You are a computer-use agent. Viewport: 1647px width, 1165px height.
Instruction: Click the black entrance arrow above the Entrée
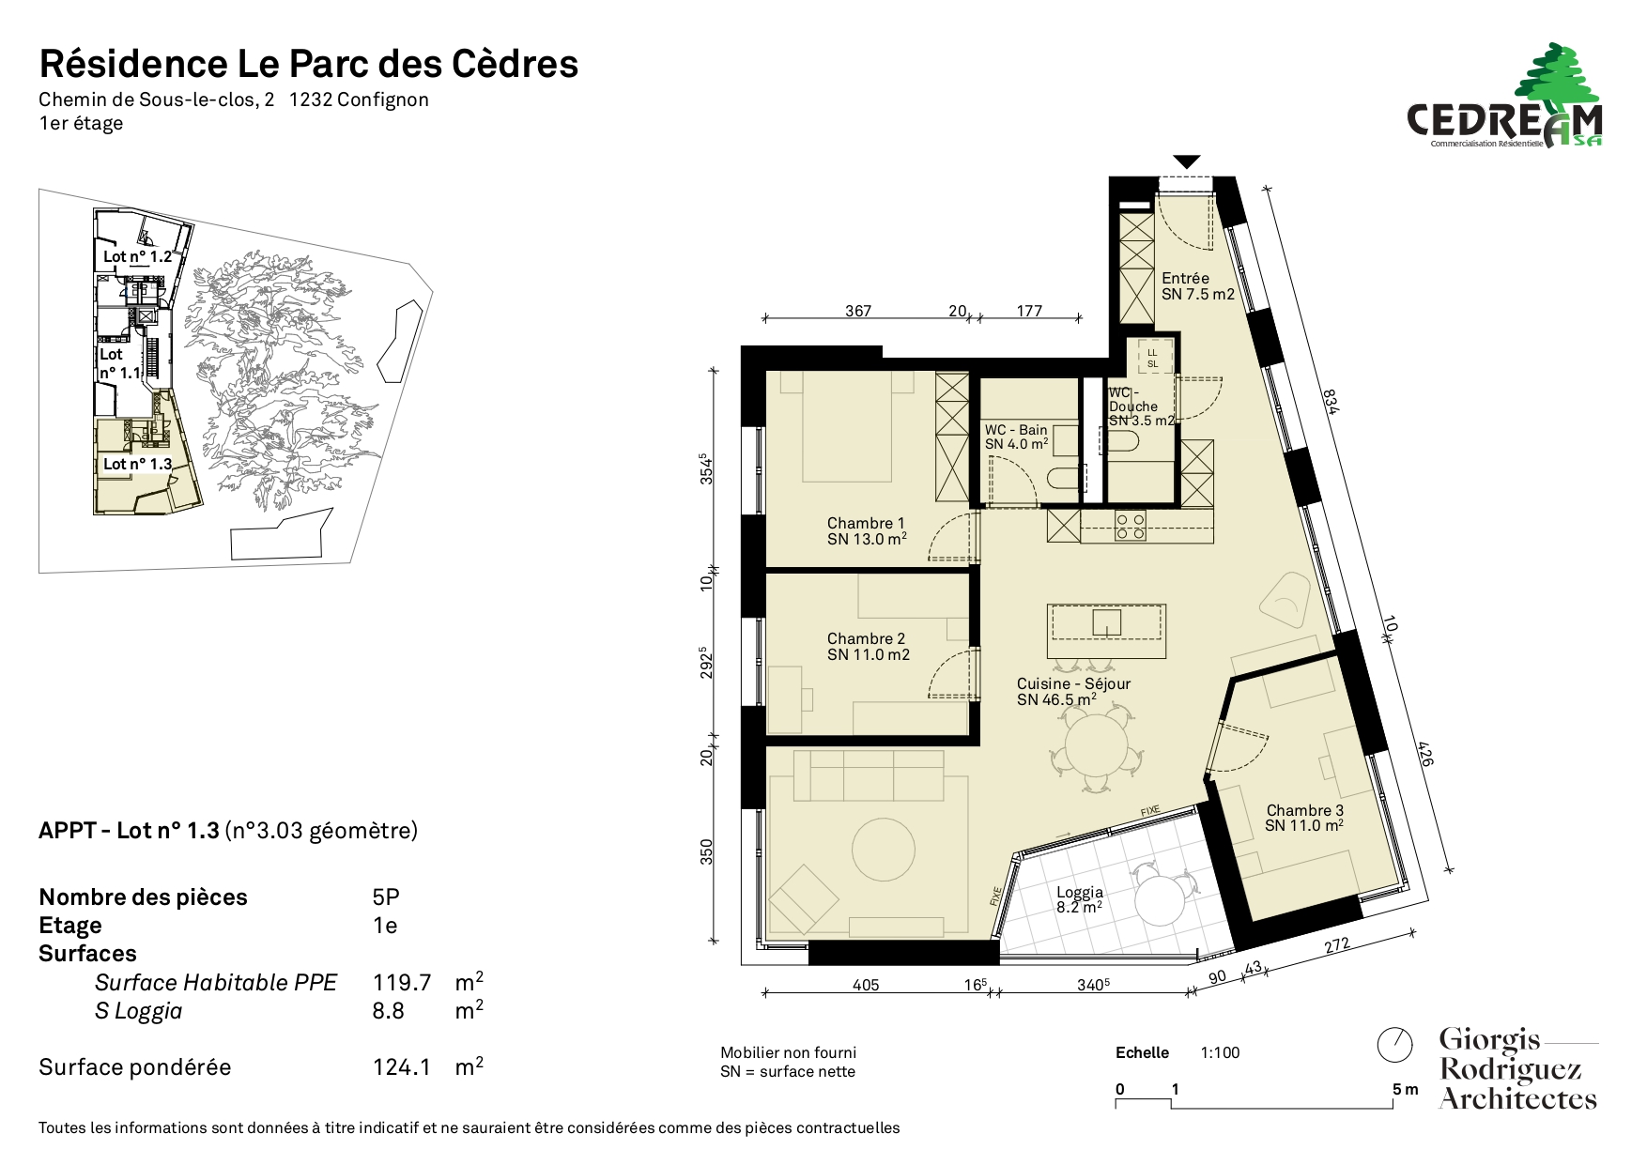1187,161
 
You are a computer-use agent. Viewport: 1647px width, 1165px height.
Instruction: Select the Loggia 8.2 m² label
1080,900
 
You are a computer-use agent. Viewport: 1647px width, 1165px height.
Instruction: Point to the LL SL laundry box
1152,358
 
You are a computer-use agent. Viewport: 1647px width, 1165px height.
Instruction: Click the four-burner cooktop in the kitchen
1130,526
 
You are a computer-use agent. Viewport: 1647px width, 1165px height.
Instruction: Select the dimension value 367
858,311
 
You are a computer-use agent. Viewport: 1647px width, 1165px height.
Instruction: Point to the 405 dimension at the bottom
866,985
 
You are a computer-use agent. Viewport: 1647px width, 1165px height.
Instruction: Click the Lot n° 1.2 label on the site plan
137,256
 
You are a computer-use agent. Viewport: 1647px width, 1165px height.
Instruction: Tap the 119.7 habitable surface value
402,983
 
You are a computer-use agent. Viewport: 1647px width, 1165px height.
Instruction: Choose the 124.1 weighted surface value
402,1067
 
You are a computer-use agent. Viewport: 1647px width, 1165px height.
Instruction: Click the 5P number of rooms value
386,897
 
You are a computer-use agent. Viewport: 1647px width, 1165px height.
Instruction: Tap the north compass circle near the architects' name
1394,1044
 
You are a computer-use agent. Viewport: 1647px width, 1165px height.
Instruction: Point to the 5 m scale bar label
1406,1089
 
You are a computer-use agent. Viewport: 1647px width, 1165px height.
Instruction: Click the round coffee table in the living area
883,850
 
